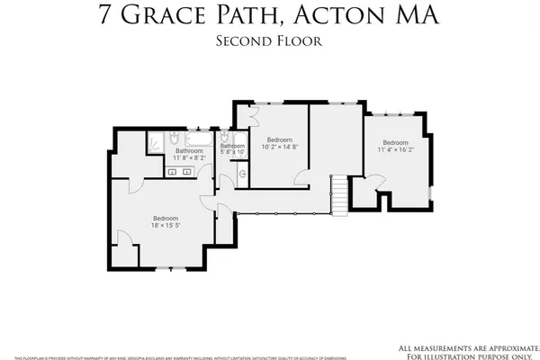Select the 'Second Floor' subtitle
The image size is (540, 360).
(270, 40)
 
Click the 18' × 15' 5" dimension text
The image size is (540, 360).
(166, 226)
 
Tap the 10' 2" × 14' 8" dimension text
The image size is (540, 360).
(279, 146)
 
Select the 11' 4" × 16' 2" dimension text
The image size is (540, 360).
(396, 149)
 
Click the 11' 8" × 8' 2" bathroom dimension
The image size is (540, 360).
(189, 157)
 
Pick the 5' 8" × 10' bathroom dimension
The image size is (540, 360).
(233, 152)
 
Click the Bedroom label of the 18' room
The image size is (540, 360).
(166, 219)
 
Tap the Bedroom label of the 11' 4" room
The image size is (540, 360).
(396, 142)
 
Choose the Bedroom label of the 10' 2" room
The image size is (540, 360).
(279, 139)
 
